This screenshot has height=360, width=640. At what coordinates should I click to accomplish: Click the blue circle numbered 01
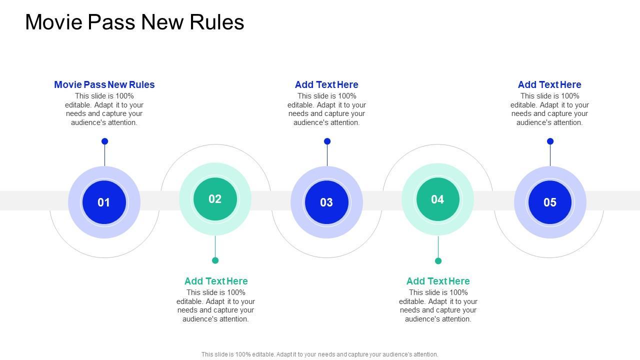[104, 202]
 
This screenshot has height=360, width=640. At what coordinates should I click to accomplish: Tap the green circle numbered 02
[215, 199]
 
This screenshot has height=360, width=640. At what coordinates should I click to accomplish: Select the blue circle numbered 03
[326, 202]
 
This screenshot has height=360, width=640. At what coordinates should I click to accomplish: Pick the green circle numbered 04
[437, 199]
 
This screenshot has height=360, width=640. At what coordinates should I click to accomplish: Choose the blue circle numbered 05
[550, 202]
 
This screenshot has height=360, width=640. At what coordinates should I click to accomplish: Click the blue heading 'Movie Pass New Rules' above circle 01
[104, 85]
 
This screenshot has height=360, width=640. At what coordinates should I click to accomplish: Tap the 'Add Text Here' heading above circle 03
[326, 85]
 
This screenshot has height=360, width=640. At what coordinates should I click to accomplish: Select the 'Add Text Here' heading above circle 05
[549, 85]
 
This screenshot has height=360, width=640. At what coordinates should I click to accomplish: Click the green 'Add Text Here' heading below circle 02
[216, 281]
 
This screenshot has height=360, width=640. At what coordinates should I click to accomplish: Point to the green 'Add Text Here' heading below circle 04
[438, 281]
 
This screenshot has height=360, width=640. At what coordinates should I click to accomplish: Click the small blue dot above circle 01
[104, 141]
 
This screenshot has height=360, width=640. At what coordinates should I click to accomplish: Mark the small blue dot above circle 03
[327, 141]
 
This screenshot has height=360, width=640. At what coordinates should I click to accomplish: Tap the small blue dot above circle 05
[550, 141]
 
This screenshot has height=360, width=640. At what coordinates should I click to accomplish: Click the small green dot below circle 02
[215, 260]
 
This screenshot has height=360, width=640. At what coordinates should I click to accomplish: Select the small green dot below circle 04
[438, 260]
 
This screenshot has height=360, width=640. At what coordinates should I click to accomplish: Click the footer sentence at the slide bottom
[320, 354]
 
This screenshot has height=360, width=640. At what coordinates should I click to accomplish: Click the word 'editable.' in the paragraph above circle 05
[525, 105]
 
